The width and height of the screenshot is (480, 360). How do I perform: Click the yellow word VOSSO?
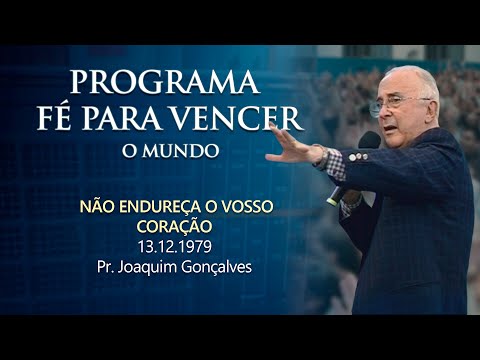(250, 209)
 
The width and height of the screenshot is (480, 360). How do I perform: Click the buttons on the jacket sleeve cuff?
(357, 157)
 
